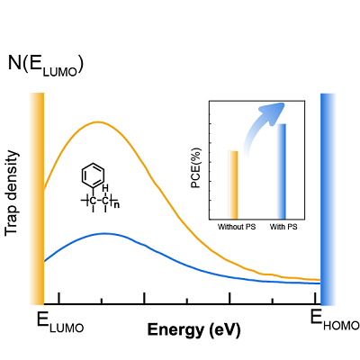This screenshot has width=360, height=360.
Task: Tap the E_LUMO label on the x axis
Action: coord(59,320)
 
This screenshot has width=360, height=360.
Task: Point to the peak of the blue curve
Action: coord(104,233)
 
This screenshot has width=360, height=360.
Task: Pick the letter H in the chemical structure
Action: coord(106,188)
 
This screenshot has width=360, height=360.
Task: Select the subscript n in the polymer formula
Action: coord(117,204)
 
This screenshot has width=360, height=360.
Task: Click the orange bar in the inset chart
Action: coord(234,184)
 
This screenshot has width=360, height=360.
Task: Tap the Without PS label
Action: coord(237,226)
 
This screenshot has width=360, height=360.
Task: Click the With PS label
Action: coord(283,226)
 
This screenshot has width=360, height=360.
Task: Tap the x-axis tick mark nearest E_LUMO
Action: coord(59,298)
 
